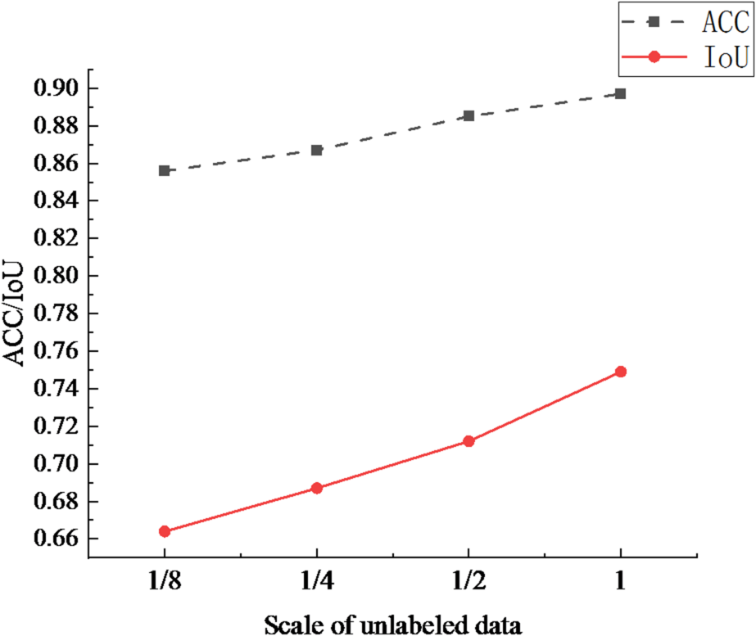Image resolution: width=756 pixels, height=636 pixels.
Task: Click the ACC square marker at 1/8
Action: [164, 170]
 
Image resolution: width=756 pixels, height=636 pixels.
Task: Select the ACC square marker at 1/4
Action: [316, 150]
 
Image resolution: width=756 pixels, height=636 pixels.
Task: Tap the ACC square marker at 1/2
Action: [469, 115]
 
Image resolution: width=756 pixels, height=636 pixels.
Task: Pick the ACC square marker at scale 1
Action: [620, 93]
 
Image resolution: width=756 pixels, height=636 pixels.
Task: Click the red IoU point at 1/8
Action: [164, 531]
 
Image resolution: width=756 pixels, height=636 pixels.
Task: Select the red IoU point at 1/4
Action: [316, 488]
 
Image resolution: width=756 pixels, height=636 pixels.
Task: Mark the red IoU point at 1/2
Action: [469, 441]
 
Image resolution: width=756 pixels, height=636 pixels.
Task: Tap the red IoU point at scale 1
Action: [620, 372]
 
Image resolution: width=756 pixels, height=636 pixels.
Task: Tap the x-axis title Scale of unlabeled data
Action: [392, 625]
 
